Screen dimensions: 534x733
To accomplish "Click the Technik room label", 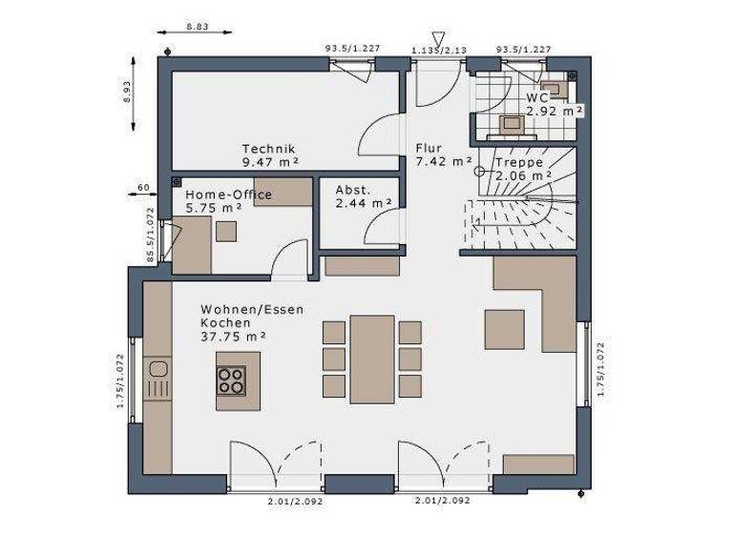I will coord(269,149).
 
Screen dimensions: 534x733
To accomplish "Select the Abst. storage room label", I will coord(352,189).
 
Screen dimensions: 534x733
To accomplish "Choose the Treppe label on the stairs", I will coord(519,162).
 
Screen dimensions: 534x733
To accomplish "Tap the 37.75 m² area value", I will coord(234,336).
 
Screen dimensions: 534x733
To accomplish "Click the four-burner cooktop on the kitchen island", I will coord(231,380).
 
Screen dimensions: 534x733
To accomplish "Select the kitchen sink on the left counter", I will coord(157,371).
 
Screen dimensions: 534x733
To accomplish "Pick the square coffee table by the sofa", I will coord(504,330).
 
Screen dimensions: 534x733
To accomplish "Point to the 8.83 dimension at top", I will coord(198,27).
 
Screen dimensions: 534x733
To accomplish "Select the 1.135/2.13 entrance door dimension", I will coord(440,49).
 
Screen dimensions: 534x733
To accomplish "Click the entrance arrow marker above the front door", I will coord(438,35).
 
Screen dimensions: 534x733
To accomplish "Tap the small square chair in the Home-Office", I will coord(226,231).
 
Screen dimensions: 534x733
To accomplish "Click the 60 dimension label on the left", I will coord(143,187).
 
